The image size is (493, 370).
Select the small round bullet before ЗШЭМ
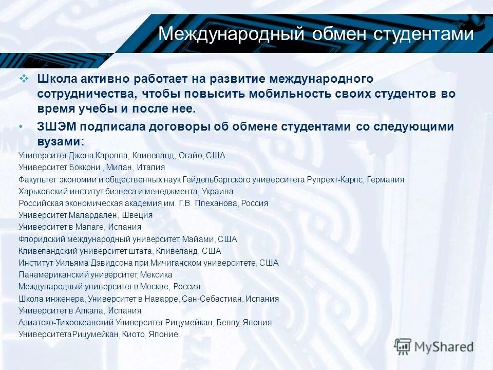[21, 127]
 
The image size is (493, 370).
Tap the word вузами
[59, 141]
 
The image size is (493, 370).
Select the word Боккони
[84, 167]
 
